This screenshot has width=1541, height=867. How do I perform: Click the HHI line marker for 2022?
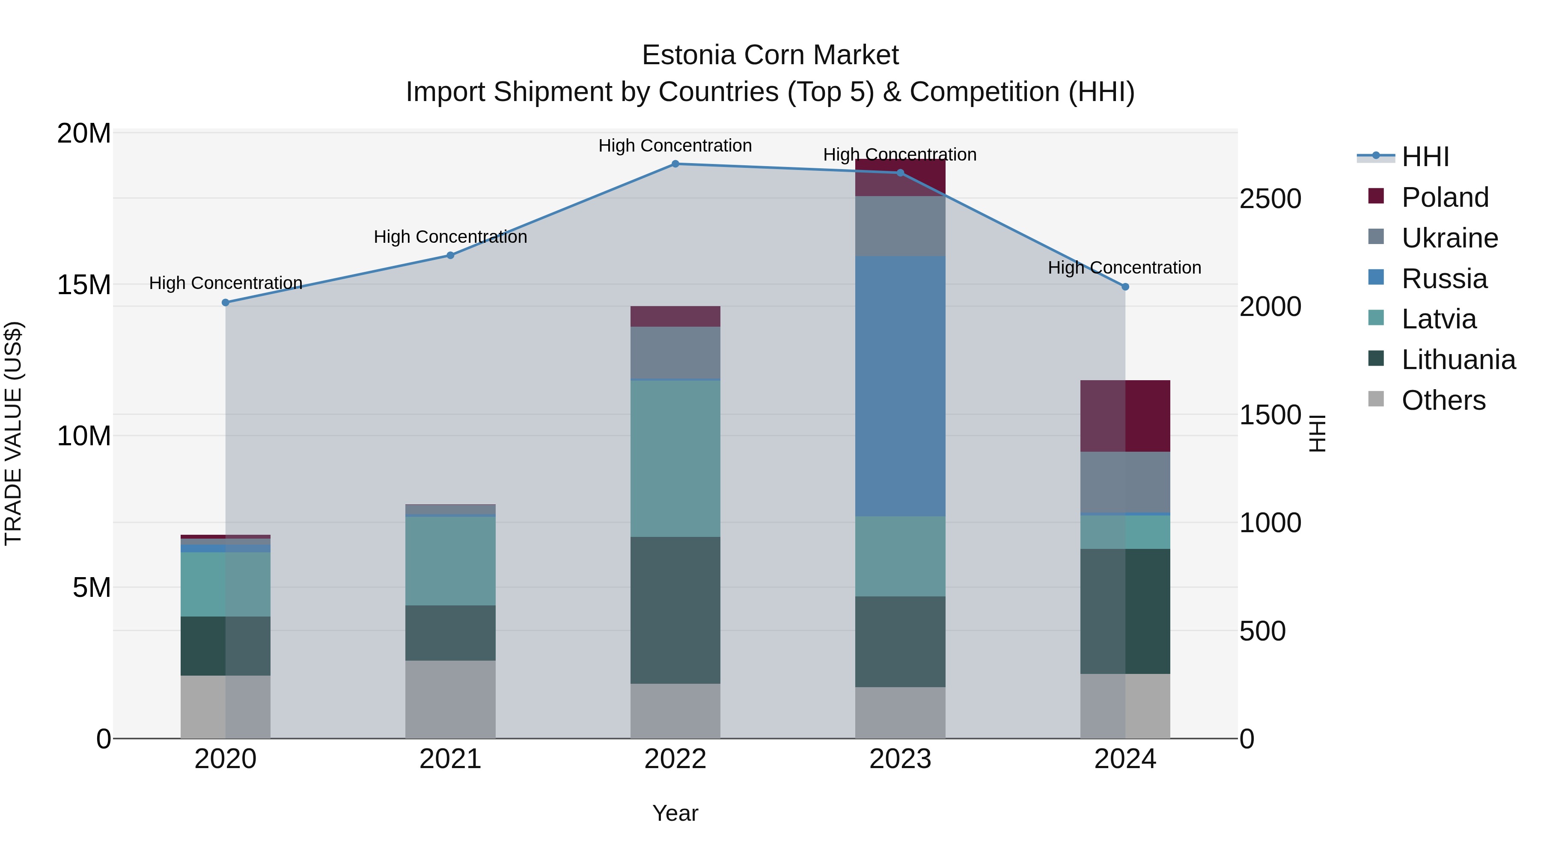675,164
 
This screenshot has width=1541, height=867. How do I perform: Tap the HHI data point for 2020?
226,303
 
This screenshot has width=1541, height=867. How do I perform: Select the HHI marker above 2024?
1125,287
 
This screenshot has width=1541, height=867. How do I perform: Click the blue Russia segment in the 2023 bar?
900,386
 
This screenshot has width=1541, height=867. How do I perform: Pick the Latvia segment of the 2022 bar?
675,458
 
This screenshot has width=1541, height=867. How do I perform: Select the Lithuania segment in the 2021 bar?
450,633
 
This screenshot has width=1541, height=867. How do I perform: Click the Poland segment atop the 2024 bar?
1125,416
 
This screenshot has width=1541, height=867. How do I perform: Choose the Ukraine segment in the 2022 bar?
675,353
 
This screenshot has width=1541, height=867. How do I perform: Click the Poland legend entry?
1444,197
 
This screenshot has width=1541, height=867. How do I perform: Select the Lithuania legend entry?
1458,360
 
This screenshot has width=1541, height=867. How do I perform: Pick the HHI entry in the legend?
1425,157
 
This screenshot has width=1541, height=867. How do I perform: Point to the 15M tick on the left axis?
84,285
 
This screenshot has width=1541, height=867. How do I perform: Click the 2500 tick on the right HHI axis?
1270,199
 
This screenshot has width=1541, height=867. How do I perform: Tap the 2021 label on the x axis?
450,759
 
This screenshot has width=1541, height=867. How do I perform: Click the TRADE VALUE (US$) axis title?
13,433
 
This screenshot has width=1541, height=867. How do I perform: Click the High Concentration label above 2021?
450,237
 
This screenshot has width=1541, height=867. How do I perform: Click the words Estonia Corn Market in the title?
770,55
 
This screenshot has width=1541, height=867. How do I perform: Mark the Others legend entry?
1443,400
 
